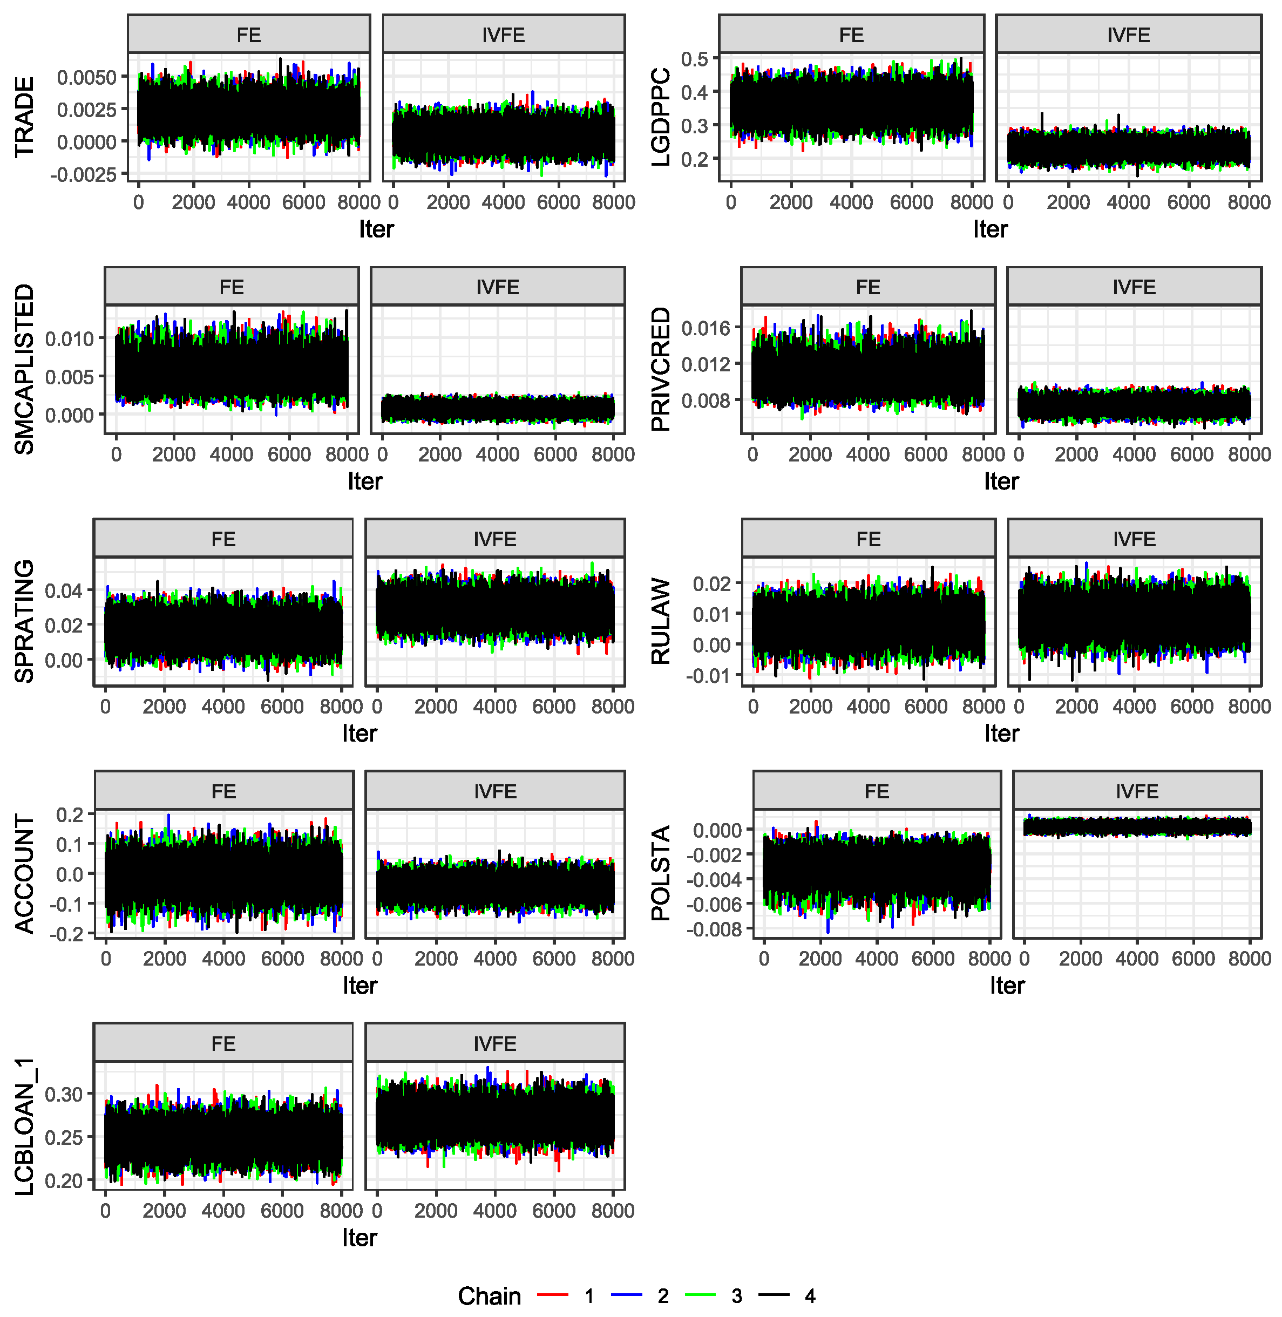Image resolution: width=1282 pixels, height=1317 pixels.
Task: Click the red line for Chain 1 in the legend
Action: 553,1295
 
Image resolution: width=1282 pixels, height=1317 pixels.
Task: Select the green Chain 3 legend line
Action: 700,1295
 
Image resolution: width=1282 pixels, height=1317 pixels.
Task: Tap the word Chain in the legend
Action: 490,1295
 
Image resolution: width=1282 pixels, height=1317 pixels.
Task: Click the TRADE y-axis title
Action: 24,117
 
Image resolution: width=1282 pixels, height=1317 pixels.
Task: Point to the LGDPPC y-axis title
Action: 661,117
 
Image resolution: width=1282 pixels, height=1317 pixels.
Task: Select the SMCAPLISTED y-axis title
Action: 24,369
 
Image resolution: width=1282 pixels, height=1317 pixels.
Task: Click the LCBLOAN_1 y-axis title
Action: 24,1126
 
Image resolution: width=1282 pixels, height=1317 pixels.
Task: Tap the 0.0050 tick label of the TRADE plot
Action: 87,77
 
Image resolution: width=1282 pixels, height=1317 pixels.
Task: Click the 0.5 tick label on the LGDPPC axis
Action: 695,59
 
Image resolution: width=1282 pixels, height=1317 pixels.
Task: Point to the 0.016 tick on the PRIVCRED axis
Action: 706,329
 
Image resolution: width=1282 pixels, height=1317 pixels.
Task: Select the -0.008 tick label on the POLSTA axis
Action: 714,929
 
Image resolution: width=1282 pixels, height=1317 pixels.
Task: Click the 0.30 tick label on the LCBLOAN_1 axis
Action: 64,1094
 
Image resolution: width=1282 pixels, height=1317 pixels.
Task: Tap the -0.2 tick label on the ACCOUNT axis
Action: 67,934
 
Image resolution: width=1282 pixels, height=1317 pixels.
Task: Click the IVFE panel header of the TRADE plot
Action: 504,35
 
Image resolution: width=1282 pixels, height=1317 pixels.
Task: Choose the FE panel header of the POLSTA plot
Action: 877,791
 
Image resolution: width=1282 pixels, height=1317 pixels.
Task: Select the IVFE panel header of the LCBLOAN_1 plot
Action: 495,1044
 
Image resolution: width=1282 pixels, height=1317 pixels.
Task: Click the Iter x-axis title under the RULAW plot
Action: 1001,733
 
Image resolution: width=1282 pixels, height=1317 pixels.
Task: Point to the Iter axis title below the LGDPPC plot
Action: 991,229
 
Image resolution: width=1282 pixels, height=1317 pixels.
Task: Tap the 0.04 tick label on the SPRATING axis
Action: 64,591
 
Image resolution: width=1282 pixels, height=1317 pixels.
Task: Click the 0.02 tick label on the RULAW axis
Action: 711,583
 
